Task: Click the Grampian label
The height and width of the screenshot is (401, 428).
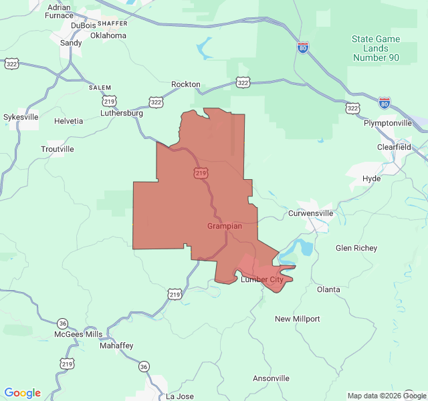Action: click(225, 227)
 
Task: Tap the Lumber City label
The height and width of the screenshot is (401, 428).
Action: click(261, 279)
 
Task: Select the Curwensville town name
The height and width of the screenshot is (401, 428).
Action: click(310, 213)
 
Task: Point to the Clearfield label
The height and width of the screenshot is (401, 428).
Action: click(394, 147)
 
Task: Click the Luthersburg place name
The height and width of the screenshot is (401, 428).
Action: click(122, 113)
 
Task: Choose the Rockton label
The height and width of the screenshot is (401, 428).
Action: click(185, 84)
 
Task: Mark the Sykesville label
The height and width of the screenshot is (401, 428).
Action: click(21, 117)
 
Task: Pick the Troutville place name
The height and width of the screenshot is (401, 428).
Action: click(57, 149)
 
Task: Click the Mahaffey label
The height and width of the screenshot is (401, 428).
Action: click(116, 346)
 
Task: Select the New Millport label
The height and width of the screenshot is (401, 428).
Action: click(297, 319)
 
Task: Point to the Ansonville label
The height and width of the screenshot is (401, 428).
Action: click(271, 378)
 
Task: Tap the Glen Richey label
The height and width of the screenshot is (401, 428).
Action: click(356, 248)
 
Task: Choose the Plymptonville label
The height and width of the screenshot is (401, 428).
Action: click(388, 124)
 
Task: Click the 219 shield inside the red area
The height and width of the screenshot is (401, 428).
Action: click(201, 173)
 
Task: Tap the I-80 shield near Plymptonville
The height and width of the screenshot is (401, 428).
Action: click(384, 102)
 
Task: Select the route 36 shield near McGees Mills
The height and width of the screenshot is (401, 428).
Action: click(63, 323)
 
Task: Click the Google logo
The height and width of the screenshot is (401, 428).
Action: click(22, 393)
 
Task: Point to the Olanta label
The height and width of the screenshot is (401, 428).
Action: click(328, 289)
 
